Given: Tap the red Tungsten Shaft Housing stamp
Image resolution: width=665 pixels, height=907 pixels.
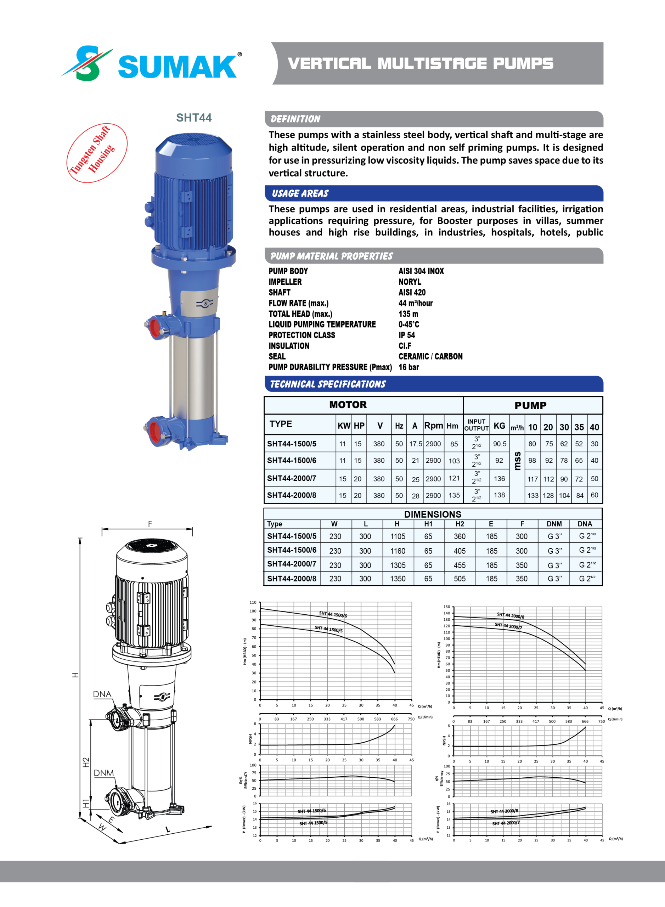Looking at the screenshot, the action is (97, 153).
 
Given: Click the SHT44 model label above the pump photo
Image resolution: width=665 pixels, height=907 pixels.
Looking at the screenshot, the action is (194, 118).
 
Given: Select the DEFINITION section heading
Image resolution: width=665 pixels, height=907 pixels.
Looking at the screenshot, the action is (295, 119).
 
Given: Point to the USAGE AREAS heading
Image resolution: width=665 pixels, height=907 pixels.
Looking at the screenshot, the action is (300, 194).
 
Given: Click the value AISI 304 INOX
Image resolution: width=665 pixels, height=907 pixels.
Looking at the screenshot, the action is (421, 271).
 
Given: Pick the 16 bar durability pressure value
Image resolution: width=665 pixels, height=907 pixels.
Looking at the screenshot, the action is (408, 367).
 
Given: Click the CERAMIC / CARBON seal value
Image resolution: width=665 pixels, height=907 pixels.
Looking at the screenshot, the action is (430, 356).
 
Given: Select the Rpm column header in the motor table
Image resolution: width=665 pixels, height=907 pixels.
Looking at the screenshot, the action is (434, 426).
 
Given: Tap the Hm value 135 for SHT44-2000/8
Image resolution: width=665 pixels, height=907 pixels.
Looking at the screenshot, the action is (454, 495).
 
